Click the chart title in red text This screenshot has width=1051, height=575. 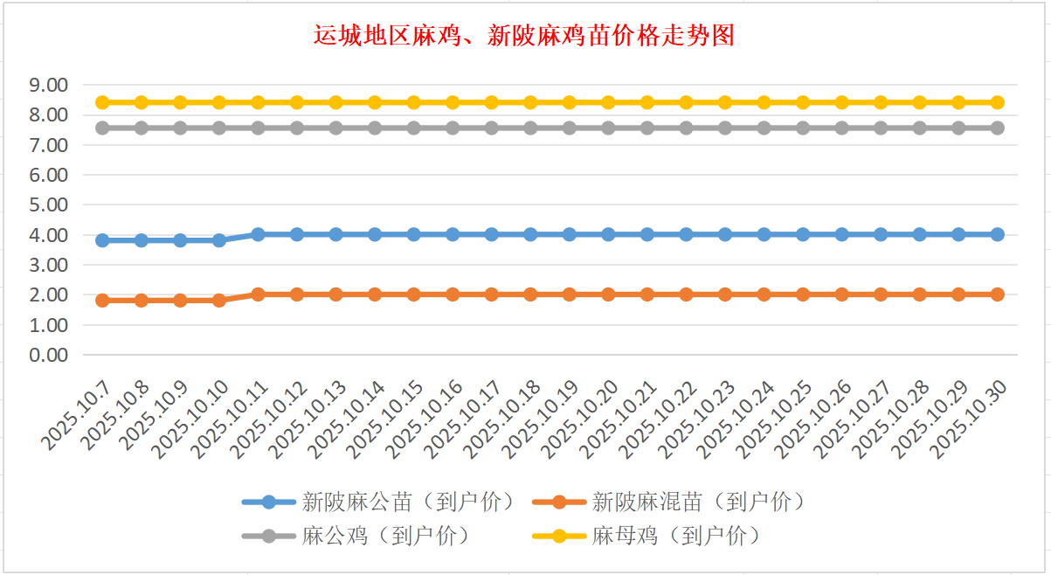(523, 36)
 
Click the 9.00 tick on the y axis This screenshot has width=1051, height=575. (49, 86)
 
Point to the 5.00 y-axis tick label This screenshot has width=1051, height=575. (49, 205)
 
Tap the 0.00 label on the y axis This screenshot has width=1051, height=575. (49, 356)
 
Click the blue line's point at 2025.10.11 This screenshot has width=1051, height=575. (258, 234)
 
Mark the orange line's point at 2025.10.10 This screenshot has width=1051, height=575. (219, 300)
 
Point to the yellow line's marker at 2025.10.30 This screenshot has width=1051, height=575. (997, 102)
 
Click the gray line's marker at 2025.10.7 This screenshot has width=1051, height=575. (102, 128)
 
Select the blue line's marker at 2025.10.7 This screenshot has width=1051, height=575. (102, 240)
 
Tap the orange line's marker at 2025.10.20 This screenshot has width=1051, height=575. (608, 294)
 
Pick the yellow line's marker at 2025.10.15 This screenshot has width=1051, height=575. (413, 102)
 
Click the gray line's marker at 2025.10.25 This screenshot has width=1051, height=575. (803, 128)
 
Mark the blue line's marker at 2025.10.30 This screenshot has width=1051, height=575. (997, 234)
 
